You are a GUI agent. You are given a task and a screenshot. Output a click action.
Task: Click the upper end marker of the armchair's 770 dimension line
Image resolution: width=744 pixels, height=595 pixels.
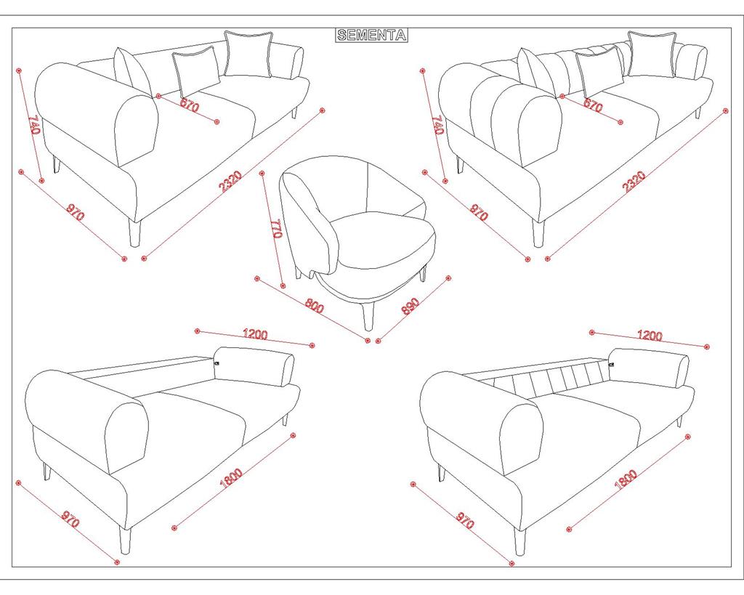pyautogui.click(x=262, y=173)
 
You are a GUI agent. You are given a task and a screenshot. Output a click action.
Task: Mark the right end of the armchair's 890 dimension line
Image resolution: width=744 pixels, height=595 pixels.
pyautogui.click(x=448, y=278)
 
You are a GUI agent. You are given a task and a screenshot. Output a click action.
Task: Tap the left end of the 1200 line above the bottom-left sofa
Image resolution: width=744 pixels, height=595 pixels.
pyautogui.click(x=198, y=331)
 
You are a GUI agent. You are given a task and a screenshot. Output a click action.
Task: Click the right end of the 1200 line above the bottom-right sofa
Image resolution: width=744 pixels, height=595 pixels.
pyautogui.click(x=707, y=347)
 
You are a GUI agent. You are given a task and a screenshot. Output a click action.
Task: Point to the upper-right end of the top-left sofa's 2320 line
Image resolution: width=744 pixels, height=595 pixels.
pyautogui.click(x=322, y=110)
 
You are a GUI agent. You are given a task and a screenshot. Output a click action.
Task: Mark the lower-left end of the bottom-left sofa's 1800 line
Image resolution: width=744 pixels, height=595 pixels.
pyautogui.click(x=174, y=527)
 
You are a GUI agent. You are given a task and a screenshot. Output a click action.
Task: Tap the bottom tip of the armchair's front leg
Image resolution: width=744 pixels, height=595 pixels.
pyautogui.click(x=368, y=330)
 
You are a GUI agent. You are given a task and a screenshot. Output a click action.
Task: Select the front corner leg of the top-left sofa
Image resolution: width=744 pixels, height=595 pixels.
pyautogui.click(x=135, y=232)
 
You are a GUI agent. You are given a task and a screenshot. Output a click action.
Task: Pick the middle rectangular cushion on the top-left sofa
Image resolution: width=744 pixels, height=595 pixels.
pyautogui.click(x=196, y=72)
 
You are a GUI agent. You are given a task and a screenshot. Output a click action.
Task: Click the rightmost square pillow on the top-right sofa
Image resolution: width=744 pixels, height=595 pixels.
pyautogui.click(x=651, y=54)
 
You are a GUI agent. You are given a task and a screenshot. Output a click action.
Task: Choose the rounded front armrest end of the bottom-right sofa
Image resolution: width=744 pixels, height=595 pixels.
pyautogui.click(x=522, y=440)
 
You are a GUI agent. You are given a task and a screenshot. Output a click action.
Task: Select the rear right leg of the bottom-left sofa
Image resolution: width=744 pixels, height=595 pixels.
pyautogui.click(x=285, y=419)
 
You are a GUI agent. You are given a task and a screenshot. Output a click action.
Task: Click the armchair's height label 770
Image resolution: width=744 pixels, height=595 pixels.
pyautogui.click(x=275, y=228)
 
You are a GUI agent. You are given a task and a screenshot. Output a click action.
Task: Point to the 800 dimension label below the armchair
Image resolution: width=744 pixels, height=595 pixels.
pyautogui.click(x=314, y=305)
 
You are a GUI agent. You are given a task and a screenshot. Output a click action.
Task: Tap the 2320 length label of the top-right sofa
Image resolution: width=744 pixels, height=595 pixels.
pyautogui.click(x=634, y=182)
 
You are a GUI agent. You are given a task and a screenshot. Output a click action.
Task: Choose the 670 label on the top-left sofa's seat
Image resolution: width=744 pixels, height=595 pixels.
pyautogui.click(x=190, y=105)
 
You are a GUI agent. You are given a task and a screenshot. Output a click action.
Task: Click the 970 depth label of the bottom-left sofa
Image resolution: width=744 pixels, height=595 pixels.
pyautogui.click(x=70, y=519)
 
